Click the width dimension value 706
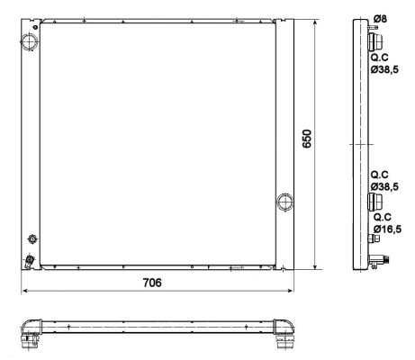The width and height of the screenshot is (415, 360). click(152, 283)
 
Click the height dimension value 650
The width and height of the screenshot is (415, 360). click(307, 139)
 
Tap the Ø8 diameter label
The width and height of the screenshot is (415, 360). click(380, 19)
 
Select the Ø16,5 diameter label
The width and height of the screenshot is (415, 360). click(387, 229)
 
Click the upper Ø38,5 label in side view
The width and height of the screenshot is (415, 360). click(384, 69)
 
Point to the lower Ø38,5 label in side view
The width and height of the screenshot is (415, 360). click(384, 186)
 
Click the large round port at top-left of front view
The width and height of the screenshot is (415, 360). click(30, 41)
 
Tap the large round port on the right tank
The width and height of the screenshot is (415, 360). click(284, 202)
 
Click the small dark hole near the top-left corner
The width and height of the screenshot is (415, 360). click(35, 27)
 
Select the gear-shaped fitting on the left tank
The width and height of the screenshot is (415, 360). click(32, 239)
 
